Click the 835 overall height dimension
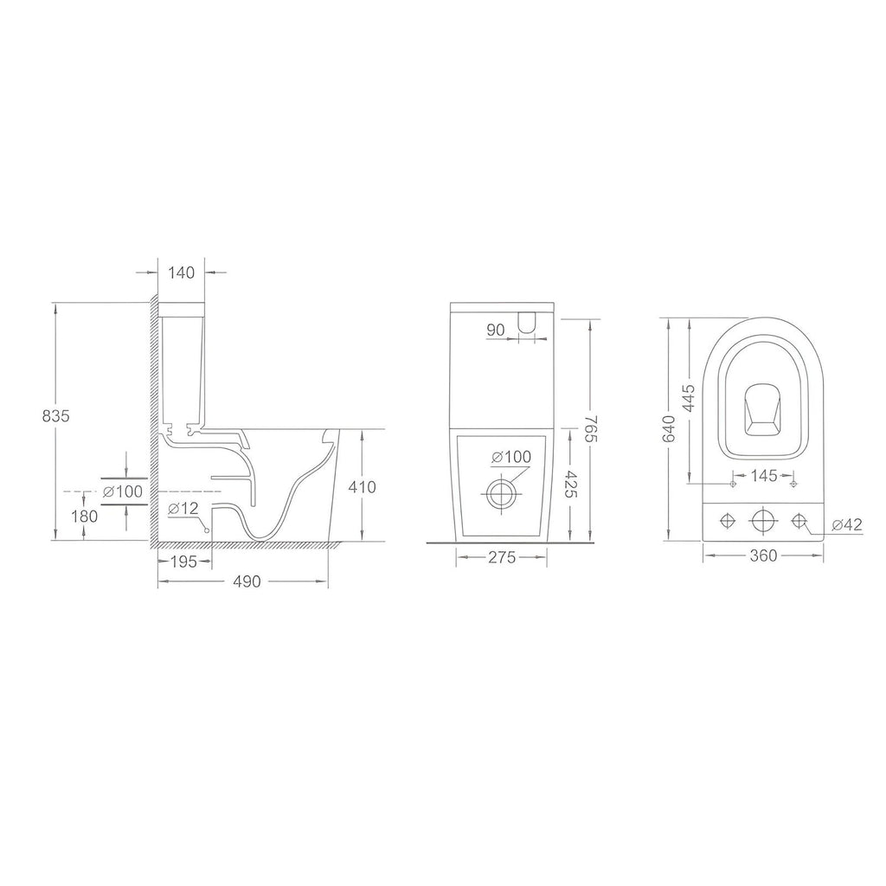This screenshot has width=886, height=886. (56, 416)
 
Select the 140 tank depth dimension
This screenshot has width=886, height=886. (182, 273)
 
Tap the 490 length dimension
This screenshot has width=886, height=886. (247, 581)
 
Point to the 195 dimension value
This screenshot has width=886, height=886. (183, 562)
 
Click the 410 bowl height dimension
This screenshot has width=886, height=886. (362, 487)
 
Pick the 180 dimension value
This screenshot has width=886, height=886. (84, 516)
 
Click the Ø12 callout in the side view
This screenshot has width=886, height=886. (183, 509)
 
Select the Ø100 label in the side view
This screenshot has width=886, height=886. (123, 491)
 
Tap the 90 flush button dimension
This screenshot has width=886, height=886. (496, 330)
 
